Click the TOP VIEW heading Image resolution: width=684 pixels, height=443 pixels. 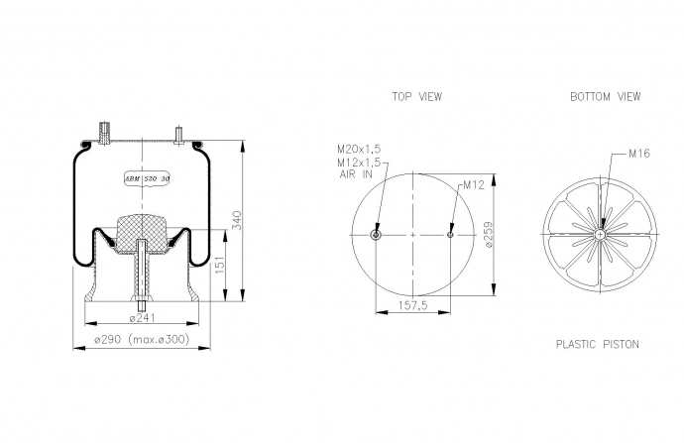click(x=416, y=96)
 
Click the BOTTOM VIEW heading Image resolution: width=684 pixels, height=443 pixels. click(x=606, y=96)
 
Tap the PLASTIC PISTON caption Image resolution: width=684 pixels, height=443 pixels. click(x=597, y=345)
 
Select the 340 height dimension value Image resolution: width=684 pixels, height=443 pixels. click(x=237, y=221)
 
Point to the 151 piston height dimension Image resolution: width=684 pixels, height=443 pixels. click(x=219, y=265)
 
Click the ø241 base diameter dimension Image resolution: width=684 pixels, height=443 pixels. click(x=142, y=318)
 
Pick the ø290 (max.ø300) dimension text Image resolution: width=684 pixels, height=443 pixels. click(x=142, y=339)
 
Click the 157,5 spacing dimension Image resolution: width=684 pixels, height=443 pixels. click(x=412, y=305)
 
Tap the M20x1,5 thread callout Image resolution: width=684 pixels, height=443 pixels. click(x=359, y=149)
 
